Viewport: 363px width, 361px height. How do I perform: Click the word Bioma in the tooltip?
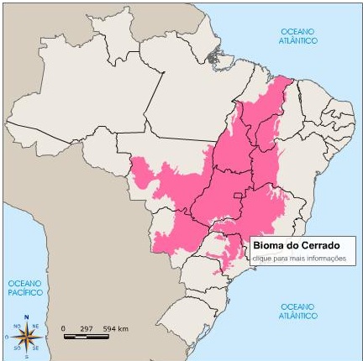(267, 247)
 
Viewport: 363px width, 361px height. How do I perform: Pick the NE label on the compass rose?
(36, 327)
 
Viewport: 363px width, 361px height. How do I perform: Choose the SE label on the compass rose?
(37, 346)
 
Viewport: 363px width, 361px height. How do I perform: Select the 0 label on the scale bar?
(64, 327)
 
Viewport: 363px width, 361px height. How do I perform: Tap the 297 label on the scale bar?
(86, 327)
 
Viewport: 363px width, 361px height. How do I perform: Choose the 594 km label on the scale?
(116, 327)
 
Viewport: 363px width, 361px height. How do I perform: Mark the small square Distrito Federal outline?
(239, 196)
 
